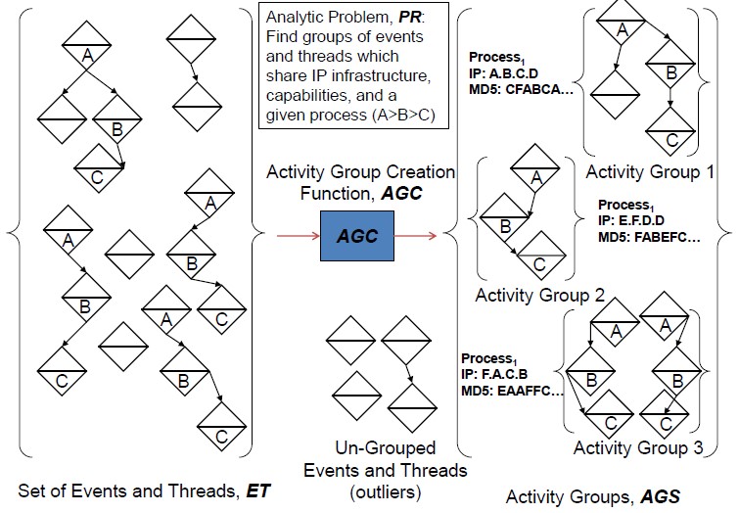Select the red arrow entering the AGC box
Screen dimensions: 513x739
coord(299,236)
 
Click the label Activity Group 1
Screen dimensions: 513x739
coord(650,171)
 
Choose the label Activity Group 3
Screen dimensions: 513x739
coord(637,447)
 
